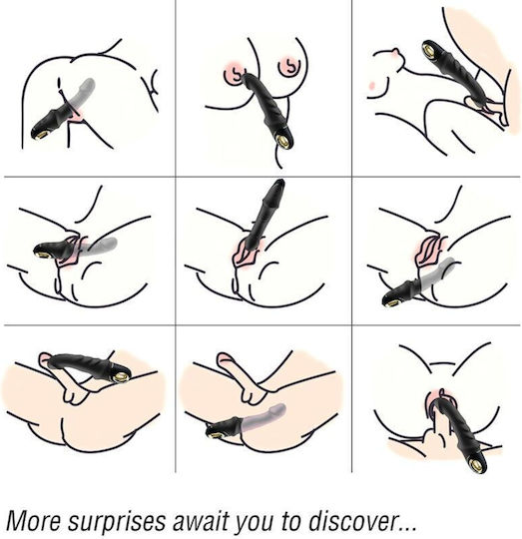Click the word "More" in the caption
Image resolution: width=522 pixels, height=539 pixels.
coord(33,520)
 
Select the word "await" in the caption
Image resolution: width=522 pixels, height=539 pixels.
coord(200,520)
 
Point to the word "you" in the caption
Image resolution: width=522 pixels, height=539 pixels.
coord(254,523)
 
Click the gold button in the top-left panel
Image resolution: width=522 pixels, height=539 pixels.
coord(40,135)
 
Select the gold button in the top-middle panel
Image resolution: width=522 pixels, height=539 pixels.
coord(284,141)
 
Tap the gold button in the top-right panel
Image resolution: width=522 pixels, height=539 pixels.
coord(429,49)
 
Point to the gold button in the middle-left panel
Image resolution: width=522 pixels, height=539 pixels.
coord(43,255)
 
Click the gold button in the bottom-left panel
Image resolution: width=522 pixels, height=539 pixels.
coord(120,377)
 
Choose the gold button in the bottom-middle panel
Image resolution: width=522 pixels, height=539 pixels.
coord(213,435)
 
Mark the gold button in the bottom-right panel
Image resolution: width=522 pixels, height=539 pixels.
coord(477,466)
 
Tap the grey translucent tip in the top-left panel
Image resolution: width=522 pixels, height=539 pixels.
coord(89,84)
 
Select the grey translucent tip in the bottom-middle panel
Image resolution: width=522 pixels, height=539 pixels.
coord(279,409)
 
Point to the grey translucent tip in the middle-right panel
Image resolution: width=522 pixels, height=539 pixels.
coord(449,263)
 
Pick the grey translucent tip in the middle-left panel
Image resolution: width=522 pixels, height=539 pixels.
coord(111,242)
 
